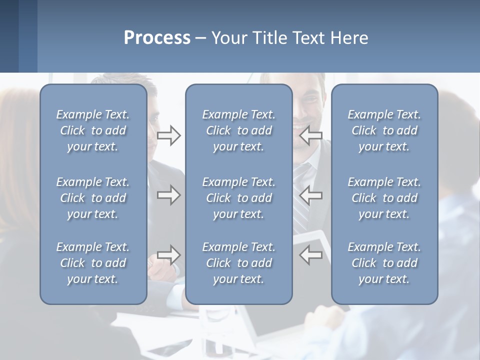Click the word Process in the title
pyautogui.click(x=157, y=38)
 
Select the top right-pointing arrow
pyautogui.click(x=168, y=135)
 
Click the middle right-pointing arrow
pyautogui.click(x=168, y=195)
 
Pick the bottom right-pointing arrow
pyautogui.click(x=168, y=254)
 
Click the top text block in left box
pyautogui.click(x=93, y=130)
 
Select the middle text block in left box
pyautogui.click(x=93, y=198)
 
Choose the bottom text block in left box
pyautogui.click(x=93, y=263)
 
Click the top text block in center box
pyautogui.click(x=238, y=130)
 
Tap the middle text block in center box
pyautogui.click(x=238, y=198)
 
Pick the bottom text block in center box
pyautogui.click(x=238, y=263)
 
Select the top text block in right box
pyautogui.click(x=384, y=130)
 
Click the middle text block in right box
pyautogui.click(x=384, y=198)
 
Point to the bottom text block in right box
pyautogui.click(x=384, y=263)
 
